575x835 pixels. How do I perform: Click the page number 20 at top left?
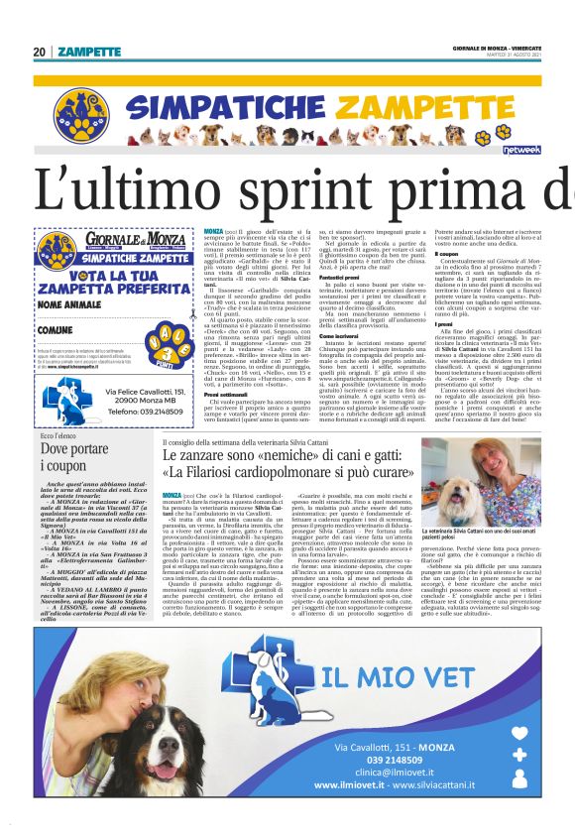pos(39,52)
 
